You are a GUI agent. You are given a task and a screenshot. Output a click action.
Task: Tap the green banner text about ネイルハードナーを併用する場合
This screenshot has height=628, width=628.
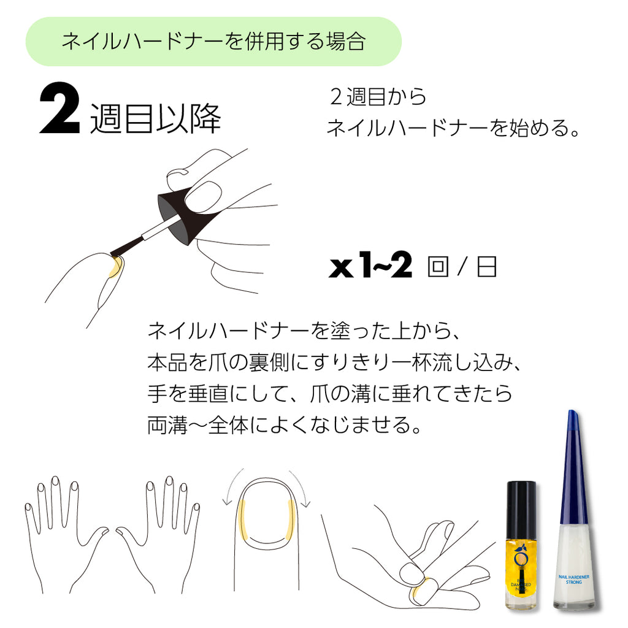click(213, 42)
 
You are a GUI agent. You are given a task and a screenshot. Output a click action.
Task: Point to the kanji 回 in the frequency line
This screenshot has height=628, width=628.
click(438, 268)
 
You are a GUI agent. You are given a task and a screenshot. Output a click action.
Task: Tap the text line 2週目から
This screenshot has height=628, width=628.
click(377, 97)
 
